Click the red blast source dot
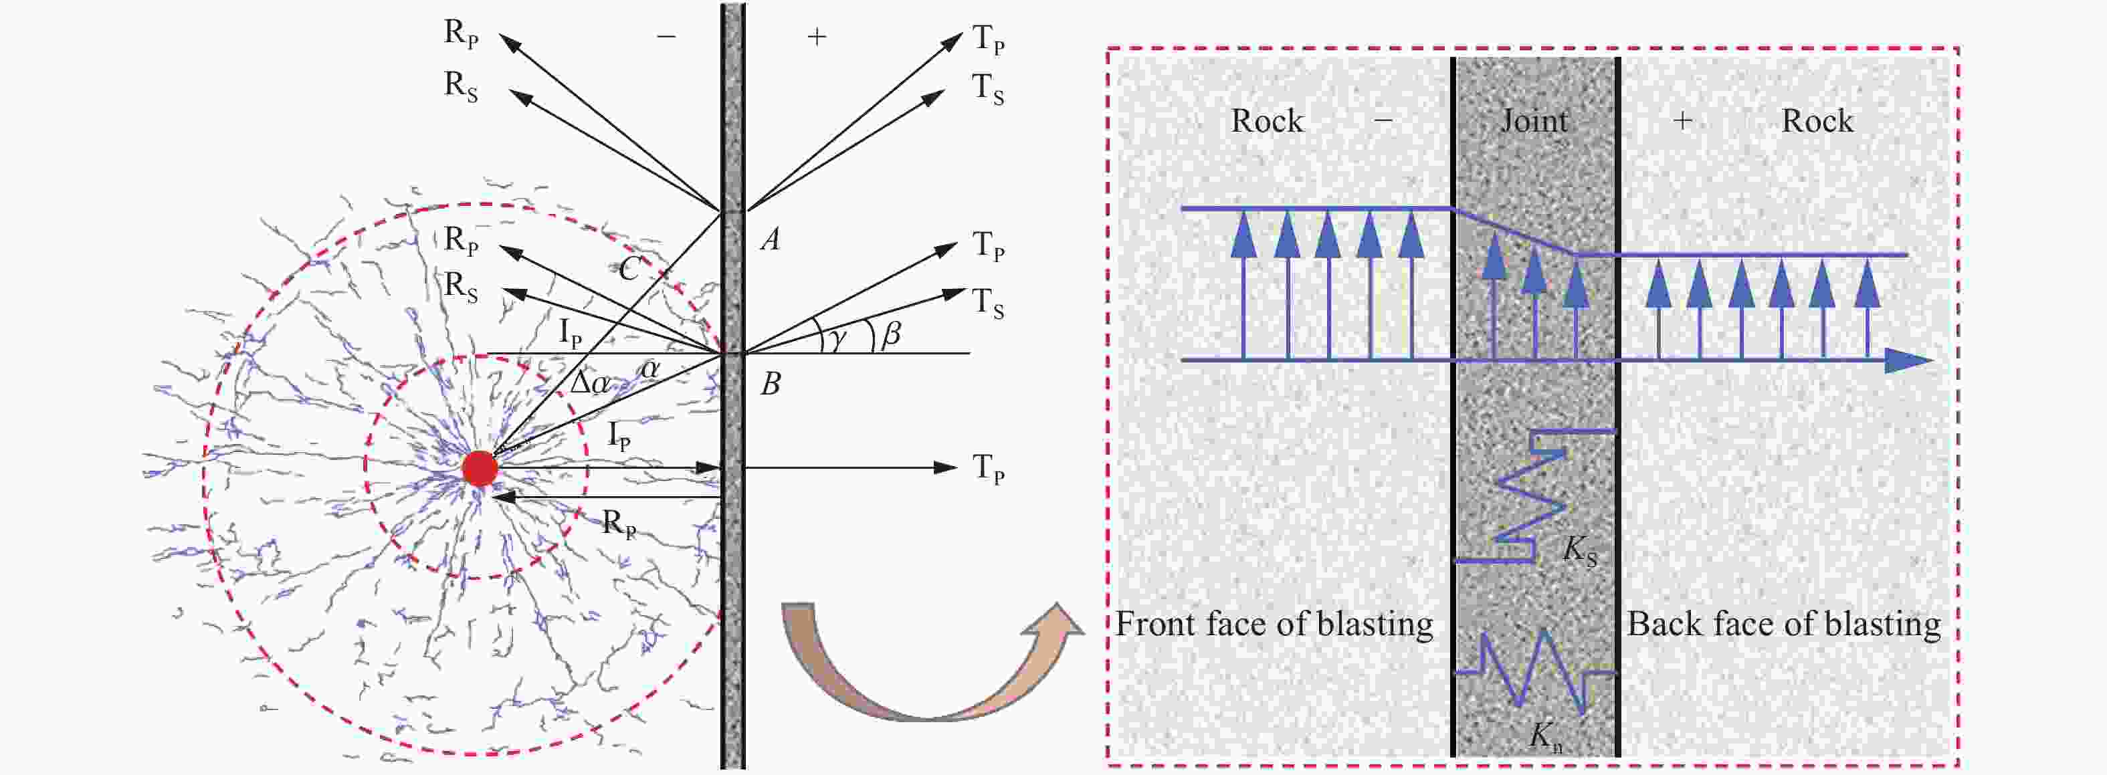click(x=480, y=469)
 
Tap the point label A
click(x=770, y=239)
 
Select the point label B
click(x=771, y=383)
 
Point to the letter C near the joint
click(x=629, y=268)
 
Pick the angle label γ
click(x=836, y=338)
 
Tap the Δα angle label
click(x=590, y=382)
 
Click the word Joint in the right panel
click(x=1534, y=122)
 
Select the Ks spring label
click(x=1579, y=551)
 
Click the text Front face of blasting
click(x=1274, y=624)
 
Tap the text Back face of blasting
click(x=1783, y=624)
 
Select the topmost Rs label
click(x=460, y=86)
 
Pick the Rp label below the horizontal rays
click(x=618, y=523)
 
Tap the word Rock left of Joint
click(x=1267, y=121)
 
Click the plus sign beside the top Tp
click(x=816, y=37)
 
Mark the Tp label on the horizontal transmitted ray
click(x=988, y=469)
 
